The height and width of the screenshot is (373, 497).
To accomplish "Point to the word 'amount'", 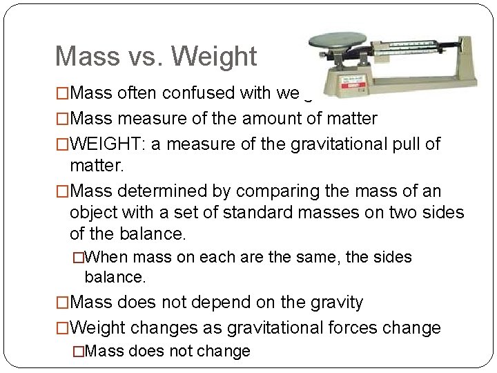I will pos(271,119).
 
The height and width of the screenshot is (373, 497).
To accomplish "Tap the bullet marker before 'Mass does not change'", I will pos(78,352).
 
